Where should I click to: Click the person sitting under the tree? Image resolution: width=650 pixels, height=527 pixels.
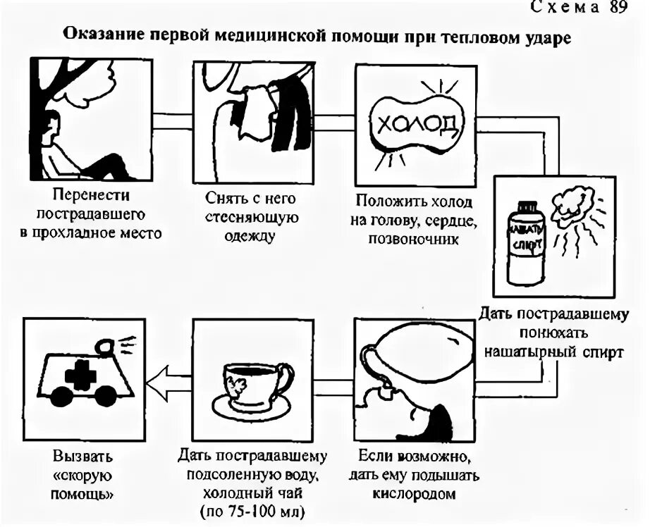coord(70,151)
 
